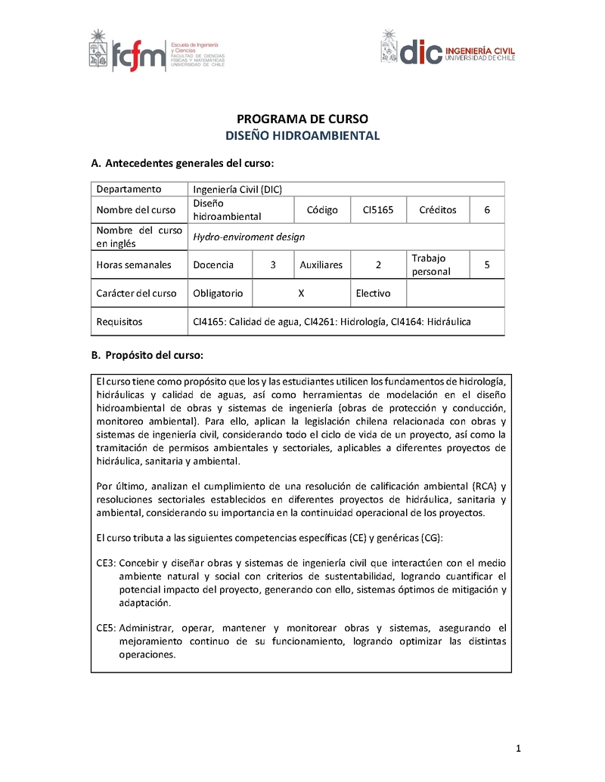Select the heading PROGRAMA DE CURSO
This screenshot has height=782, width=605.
302,119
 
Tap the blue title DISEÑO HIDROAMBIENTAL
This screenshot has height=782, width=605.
302,137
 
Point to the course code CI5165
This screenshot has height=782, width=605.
377,210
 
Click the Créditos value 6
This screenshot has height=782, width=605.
487,210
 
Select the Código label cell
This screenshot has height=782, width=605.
322,210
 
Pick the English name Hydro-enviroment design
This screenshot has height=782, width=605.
249,237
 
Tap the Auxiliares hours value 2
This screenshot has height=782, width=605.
377,265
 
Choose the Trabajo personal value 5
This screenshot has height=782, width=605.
487,265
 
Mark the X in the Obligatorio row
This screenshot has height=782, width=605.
302,293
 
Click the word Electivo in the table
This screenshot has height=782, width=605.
373,293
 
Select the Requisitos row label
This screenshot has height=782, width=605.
119,322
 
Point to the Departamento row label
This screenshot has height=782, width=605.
129,190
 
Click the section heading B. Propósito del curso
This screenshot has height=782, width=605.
147,354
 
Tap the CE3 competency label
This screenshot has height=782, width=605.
105,563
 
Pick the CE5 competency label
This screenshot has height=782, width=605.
105,628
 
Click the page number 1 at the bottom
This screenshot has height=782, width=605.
518,749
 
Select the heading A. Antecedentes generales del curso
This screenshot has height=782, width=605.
181,163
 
